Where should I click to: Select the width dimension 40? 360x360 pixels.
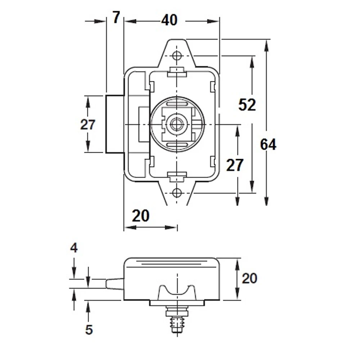[x=169, y=20]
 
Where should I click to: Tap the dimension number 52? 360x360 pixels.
[x=247, y=105]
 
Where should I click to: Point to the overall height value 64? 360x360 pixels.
[x=268, y=145]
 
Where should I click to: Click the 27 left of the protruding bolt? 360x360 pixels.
[x=87, y=125]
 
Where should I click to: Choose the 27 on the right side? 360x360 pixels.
[x=235, y=165]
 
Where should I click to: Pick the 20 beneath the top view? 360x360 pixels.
[x=140, y=216]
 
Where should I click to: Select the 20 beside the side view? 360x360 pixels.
[x=249, y=278]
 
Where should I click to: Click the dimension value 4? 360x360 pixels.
[x=74, y=248]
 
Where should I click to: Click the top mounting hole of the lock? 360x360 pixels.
[x=176, y=56]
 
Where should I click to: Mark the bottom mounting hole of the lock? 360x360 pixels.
[x=176, y=193]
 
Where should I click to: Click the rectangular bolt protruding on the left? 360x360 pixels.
[x=115, y=124]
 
